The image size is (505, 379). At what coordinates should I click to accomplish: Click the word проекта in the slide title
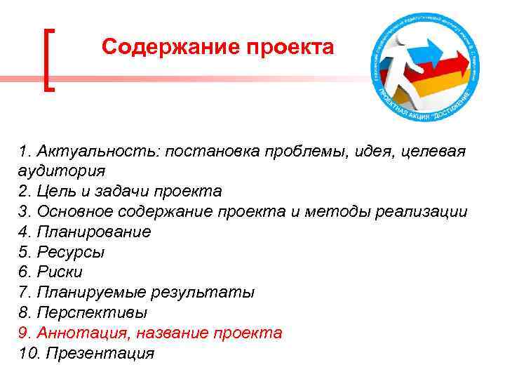click(290, 47)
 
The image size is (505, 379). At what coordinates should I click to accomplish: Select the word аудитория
click(62, 171)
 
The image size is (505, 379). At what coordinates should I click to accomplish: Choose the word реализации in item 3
click(427, 211)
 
